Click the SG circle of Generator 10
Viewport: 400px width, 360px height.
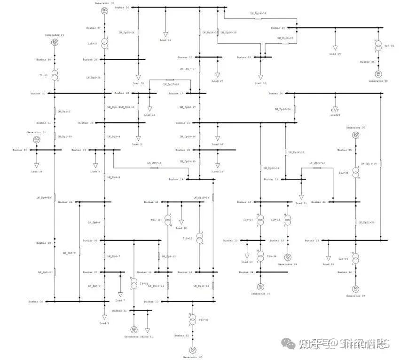pos(55,43)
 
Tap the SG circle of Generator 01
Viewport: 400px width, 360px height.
pos(37,139)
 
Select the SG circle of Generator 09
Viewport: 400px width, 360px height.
pos(104,11)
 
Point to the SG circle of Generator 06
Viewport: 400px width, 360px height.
pos(356,135)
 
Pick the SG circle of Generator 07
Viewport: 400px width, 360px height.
pos(356,288)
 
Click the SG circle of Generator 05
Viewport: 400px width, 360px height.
pos(260,286)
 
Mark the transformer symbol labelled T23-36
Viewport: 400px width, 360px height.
pos(356,259)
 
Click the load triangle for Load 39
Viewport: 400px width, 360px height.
pos(37,166)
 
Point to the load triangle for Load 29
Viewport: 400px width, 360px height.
pos(335,48)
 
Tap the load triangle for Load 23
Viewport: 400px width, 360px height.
pos(329,258)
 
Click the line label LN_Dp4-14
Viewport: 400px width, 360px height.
pos(154,163)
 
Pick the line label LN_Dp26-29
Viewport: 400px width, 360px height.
pos(228,32)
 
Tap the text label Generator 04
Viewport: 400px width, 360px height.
pos(287,264)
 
